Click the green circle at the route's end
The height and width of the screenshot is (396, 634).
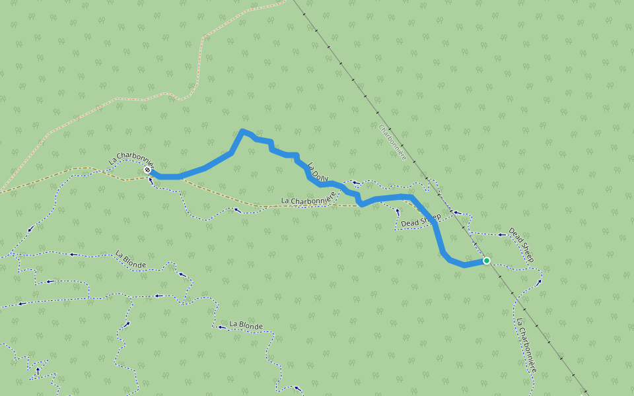pos(487,261)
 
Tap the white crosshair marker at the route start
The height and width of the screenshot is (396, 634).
pos(147,170)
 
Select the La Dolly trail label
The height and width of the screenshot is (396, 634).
pos(318,173)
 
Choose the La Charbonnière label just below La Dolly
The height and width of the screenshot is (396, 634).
pos(304,199)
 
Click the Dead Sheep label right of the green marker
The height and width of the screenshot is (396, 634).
pos(520,245)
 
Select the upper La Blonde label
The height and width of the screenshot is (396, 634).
pos(130,259)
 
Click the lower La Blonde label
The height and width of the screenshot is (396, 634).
pos(246,325)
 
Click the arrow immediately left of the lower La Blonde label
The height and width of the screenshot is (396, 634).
pos(220,327)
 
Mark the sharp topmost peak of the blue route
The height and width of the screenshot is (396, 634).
pos(243,131)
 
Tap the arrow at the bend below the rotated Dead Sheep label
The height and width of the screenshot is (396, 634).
pos(540,281)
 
